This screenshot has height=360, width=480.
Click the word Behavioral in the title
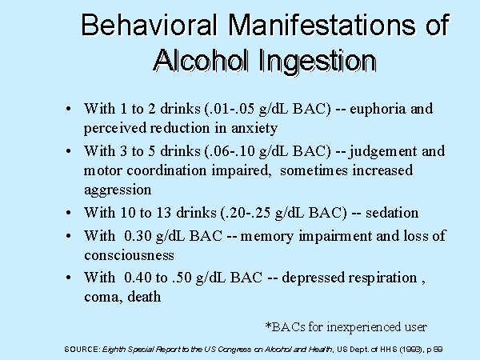point(150,25)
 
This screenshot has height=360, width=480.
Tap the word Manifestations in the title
point(322,25)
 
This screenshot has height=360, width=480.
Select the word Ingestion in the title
point(318,62)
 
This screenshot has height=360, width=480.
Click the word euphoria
point(377,110)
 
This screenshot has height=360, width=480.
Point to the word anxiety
point(254,129)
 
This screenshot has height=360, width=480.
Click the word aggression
point(118,190)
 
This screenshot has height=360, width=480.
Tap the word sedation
point(392,213)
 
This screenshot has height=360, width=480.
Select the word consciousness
point(129,256)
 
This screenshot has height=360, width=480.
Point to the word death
point(144,297)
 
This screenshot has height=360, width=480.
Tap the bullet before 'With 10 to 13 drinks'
point(69,213)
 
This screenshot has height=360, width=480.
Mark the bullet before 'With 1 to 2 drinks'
point(69,109)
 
